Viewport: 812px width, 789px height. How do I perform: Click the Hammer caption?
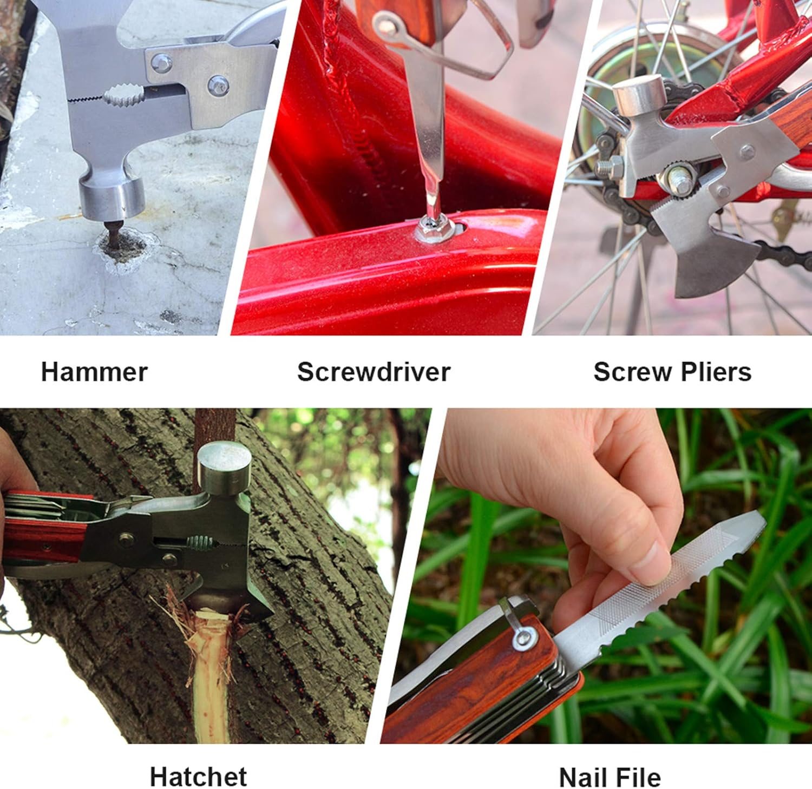pos(94,372)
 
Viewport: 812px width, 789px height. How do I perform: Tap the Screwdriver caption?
pos(374,372)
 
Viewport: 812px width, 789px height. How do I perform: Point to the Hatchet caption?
pos(198,777)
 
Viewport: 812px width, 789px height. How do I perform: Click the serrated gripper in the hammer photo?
pos(124,96)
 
